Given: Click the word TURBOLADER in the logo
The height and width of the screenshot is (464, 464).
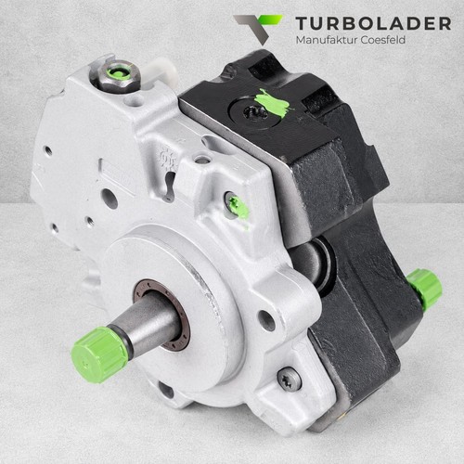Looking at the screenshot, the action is pyautogui.click(x=373, y=23).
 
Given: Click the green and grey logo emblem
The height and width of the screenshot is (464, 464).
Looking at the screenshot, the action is pyautogui.click(x=258, y=28).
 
